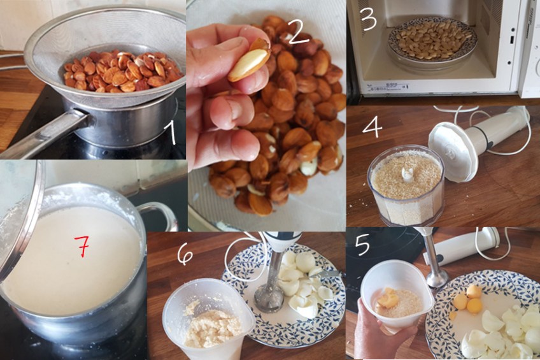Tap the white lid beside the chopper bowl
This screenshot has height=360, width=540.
coord(453,152)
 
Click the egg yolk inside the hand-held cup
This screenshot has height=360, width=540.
coord(388,298)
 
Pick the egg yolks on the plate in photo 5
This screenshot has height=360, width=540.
coord(467,299)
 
